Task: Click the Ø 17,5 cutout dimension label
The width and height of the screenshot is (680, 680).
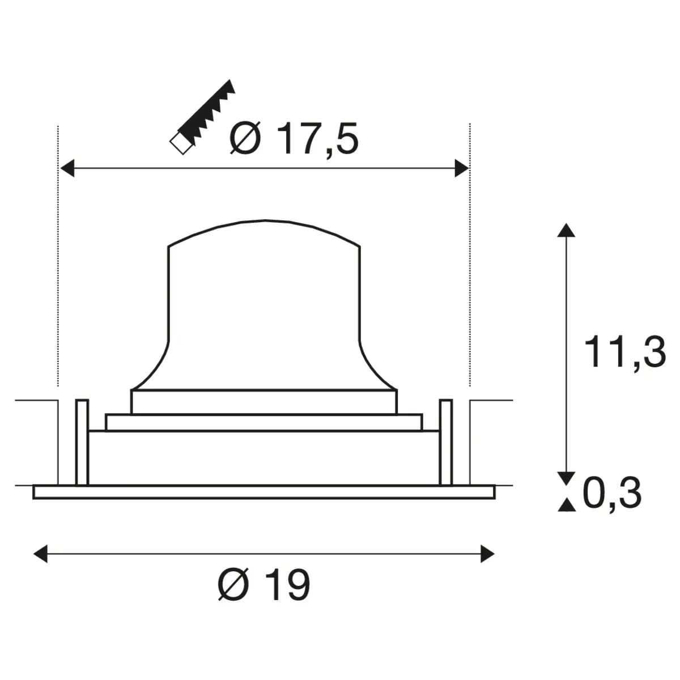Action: [294, 139]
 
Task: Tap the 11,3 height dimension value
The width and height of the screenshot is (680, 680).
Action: [625, 352]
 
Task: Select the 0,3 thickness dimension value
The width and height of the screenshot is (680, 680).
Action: [612, 492]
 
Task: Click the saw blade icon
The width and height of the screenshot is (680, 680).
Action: [202, 117]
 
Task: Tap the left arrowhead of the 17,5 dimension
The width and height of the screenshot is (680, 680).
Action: [67, 168]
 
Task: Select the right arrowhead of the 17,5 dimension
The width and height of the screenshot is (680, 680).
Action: [462, 168]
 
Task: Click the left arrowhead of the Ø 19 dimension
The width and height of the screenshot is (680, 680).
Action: [40, 554]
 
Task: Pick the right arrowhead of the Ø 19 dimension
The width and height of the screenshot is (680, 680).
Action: [487, 554]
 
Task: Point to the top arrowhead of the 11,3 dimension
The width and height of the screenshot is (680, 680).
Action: [566, 230]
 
